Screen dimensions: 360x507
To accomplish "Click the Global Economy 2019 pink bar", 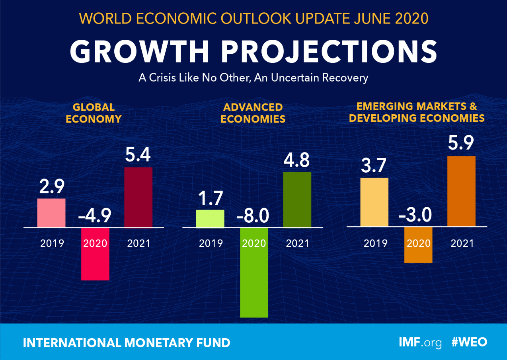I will (51, 213).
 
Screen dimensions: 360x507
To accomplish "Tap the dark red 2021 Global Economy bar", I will (138, 197).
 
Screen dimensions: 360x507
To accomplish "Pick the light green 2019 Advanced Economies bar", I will (211, 218).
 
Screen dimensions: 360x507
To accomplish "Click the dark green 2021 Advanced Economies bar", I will (297, 200).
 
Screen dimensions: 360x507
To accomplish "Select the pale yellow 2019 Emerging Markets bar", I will (374, 202).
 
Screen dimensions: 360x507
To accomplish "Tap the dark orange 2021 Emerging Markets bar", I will (462, 191).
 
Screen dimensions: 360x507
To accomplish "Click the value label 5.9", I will (462, 142).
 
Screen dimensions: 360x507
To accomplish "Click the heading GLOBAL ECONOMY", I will (94, 113).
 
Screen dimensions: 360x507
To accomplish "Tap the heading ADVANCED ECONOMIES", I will (253, 113).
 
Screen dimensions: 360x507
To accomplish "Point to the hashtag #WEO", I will (470, 342).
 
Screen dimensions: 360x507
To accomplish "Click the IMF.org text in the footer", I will (420, 342).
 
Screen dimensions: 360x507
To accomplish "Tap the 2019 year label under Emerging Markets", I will (375, 243).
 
